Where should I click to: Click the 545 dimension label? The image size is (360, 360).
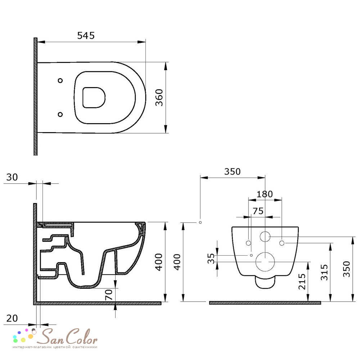(86, 36)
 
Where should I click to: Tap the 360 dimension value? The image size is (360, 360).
(159, 98)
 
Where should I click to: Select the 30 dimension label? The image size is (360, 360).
(12, 177)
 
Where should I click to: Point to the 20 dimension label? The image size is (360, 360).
(12, 319)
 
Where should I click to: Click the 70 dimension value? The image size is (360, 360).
(109, 295)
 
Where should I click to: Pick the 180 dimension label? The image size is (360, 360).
(265, 194)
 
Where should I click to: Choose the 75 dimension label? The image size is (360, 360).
(258, 211)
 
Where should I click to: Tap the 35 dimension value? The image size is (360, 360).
(211, 258)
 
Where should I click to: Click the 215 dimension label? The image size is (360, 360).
(302, 281)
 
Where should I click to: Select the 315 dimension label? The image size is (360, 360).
(324, 272)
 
